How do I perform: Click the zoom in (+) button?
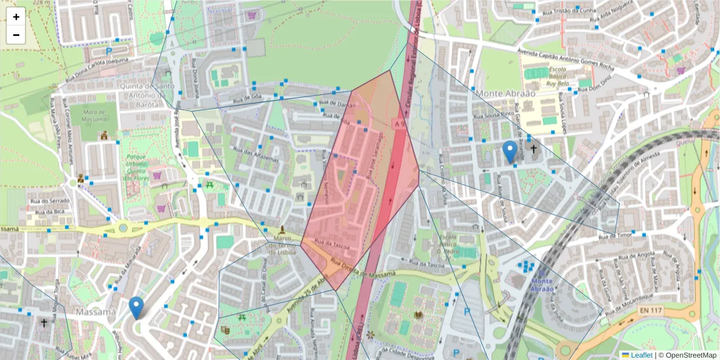(x=16, y=17)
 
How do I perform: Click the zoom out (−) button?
(x=16, y=35)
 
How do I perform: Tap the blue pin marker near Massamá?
(x=137, y=308)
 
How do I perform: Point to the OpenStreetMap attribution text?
(x=688, y=355)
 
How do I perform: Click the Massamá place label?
(x=96, y=313)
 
